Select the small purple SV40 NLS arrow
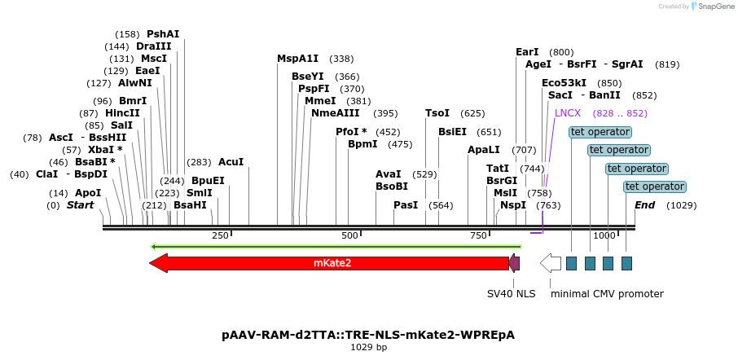tap(514, 263)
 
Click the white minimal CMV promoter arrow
tap(551, 263)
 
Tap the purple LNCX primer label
tap(568, 113)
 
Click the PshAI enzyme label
tap(163, 34)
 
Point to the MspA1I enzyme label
tap(298, 59)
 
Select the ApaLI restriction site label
tap(484, 150)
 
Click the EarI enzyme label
tap(528, 52)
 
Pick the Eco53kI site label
tap(564, 83)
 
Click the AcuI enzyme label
tap(231, 162)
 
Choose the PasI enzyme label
tap(406, 205)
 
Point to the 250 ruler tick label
tap(220, 235)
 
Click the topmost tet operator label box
tap(600, 132)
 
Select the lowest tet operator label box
tap(653, 187)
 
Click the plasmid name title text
tap(368, 335)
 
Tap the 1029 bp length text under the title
tap(368, 348)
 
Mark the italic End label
tap(644, 205)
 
